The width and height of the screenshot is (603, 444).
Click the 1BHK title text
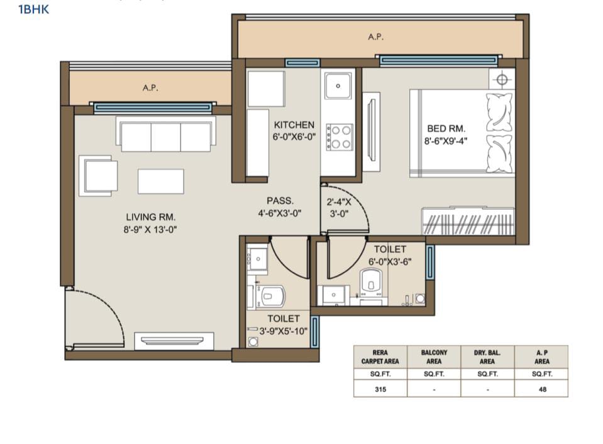point(34,9)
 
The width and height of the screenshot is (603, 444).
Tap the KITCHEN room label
point(294,125)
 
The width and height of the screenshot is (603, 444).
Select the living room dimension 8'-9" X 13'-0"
point(150,230)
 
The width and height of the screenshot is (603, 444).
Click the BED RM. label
point(446,129)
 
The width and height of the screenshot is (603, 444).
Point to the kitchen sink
point(338,85)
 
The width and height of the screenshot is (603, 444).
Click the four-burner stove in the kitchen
point(340,137)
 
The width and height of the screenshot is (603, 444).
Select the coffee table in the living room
point(161,181)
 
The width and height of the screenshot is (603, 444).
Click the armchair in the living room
point(99,176)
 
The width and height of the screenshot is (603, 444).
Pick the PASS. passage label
point(280,200)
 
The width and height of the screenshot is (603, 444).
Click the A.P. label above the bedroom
point(376,37)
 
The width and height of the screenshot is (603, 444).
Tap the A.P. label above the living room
point(150,88)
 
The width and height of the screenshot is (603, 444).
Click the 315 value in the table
point(380,389)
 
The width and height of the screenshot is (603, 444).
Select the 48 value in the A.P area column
point(543,389)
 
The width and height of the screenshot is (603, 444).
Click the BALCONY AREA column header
point(434,357)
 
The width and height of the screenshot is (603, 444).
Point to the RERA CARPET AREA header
point(380,357)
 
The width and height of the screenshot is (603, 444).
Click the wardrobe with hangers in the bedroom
point(468,222)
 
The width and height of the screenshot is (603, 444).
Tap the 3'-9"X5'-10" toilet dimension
point(284,331)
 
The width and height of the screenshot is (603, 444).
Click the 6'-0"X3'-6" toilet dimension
point(390,261)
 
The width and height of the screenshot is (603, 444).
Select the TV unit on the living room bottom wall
point(174,341)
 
